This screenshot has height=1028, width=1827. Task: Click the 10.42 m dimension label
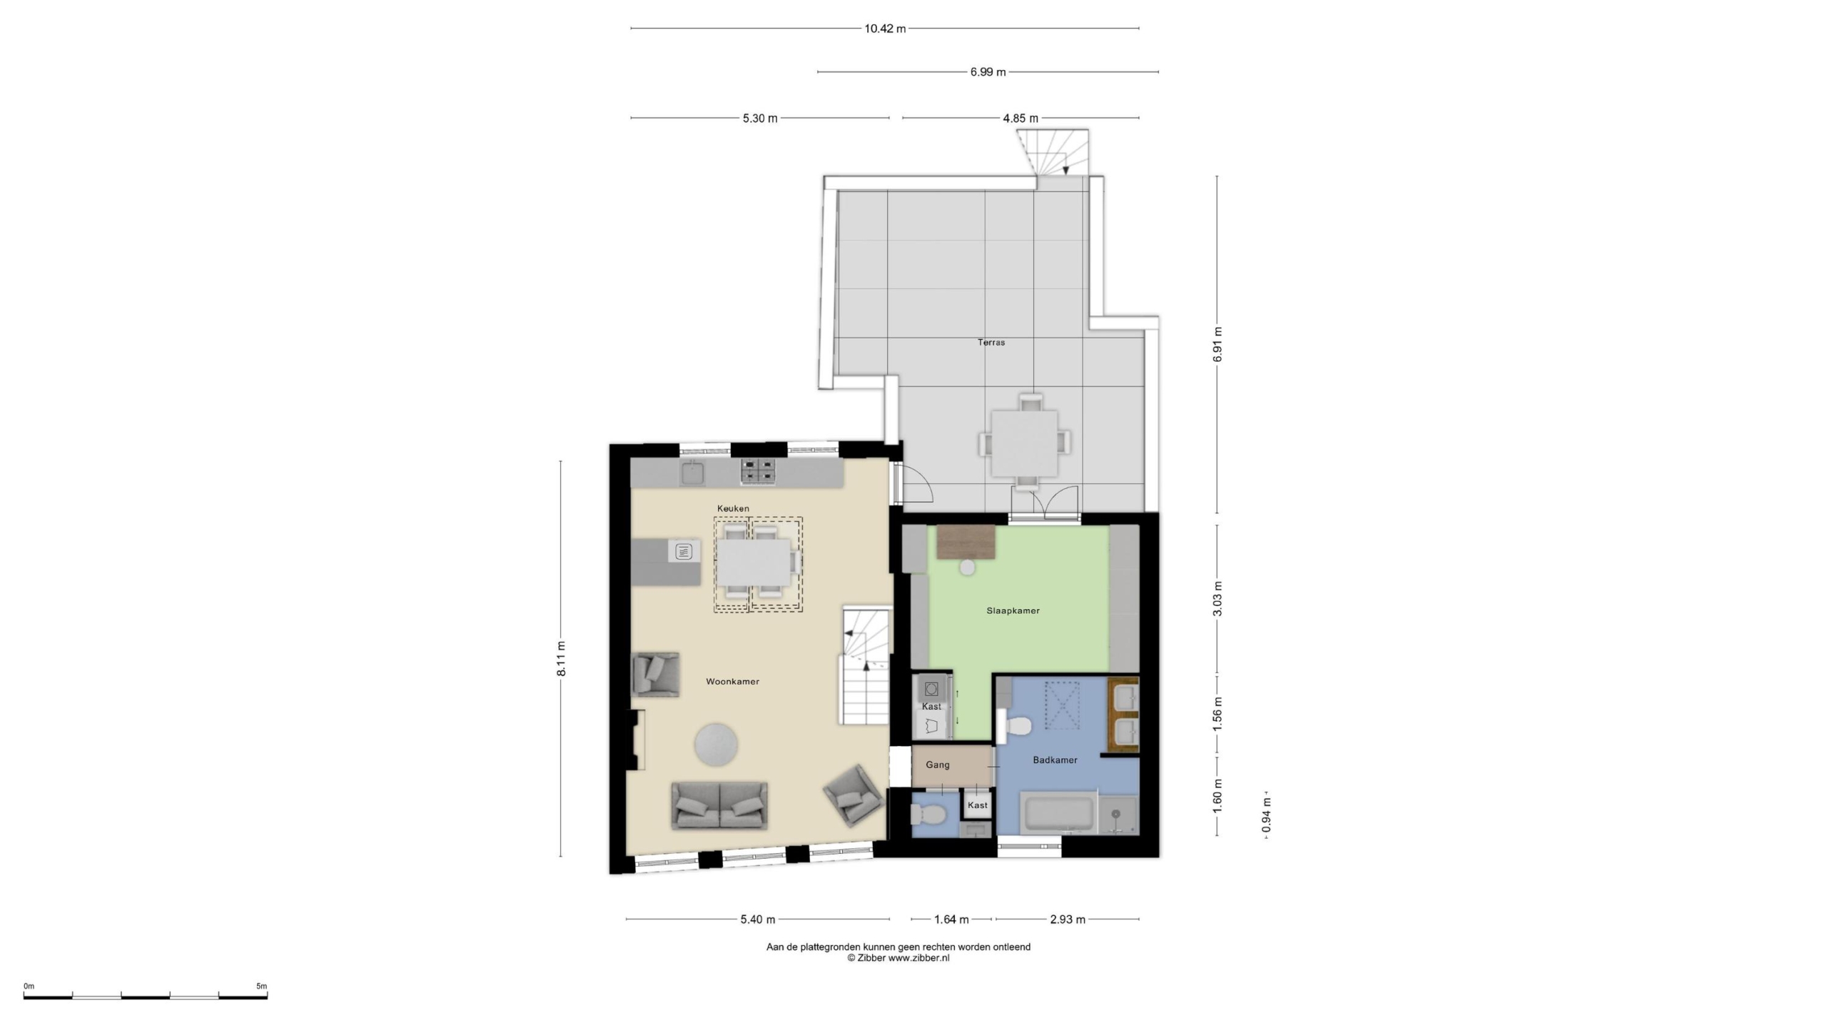pyautogui.click(x=884, y=29)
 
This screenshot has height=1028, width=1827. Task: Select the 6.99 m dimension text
pyautogui.click(x=988, y=72)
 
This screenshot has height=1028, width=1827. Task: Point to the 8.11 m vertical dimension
pyautogui.click(x=562, y=659)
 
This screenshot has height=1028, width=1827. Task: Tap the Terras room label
pyautogui.click(x=991, y=343)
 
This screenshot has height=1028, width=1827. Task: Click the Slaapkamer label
pyautogui.click(x=1013, y=610)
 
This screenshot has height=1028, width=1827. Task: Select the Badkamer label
pyautogui.click(x=1055, y=760)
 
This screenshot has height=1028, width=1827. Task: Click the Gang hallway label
pyautogui.click(x=937, y=765)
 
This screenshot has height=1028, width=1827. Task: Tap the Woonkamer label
pyautogui.click(x=732, y=682)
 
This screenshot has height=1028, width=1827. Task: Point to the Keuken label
pyautogui.click(x=733, y=508)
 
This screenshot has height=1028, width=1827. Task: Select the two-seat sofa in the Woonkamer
pyautogui.click(x=719, y=805)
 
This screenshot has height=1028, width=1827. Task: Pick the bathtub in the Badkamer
pyautogui.click(x=1058, y=814)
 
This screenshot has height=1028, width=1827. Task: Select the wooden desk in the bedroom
pyautogui.click(x=966, y=542)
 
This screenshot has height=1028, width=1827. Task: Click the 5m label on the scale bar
pyautogui.click(x=261, y=987)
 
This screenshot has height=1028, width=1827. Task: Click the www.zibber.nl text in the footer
pyautogui.click(x=918, y=958)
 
